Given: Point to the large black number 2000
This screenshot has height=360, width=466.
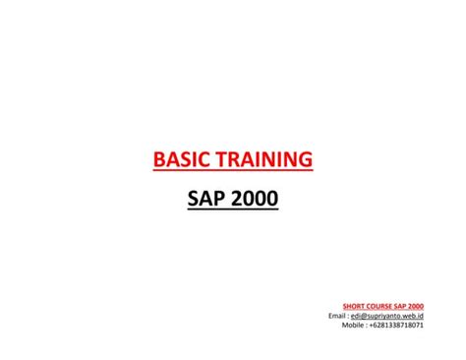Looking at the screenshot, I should pos(255,200).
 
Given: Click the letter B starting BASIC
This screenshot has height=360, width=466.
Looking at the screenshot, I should pos(159,158).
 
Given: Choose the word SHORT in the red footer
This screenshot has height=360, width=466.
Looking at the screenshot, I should pos(355,306).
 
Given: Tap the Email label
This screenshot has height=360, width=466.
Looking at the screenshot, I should pos(337,315).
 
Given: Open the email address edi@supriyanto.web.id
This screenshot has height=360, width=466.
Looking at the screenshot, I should pos(389,315).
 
